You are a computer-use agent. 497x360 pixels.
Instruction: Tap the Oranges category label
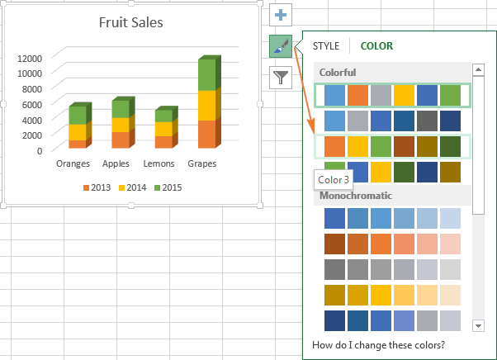pos(73,163)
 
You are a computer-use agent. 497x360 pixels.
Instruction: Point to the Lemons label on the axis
pos(159,163)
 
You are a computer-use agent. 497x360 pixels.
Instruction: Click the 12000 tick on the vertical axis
pos(30,59)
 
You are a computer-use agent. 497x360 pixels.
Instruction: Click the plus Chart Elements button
pos(281,16)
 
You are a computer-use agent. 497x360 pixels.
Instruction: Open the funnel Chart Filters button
pos(281,78)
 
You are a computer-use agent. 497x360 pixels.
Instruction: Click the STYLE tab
pos(326,46)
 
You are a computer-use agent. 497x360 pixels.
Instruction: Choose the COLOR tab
pos(376,46)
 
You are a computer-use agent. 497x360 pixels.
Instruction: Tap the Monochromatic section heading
pos(355,196)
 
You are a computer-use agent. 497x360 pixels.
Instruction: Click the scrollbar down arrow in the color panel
pos(479,324)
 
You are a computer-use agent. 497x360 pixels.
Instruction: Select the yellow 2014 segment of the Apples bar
pos(120,125)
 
